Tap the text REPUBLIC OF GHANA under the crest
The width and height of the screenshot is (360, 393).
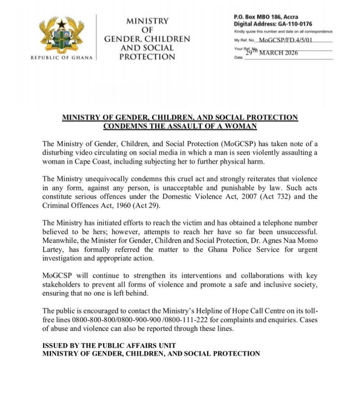click(x=61, y=58)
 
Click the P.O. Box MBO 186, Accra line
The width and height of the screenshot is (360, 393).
click(x=266, y=17)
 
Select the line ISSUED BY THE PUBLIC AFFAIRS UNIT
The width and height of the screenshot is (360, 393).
click(x=109, y=345)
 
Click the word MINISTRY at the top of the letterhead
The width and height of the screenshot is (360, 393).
click(x=147, y=21)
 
